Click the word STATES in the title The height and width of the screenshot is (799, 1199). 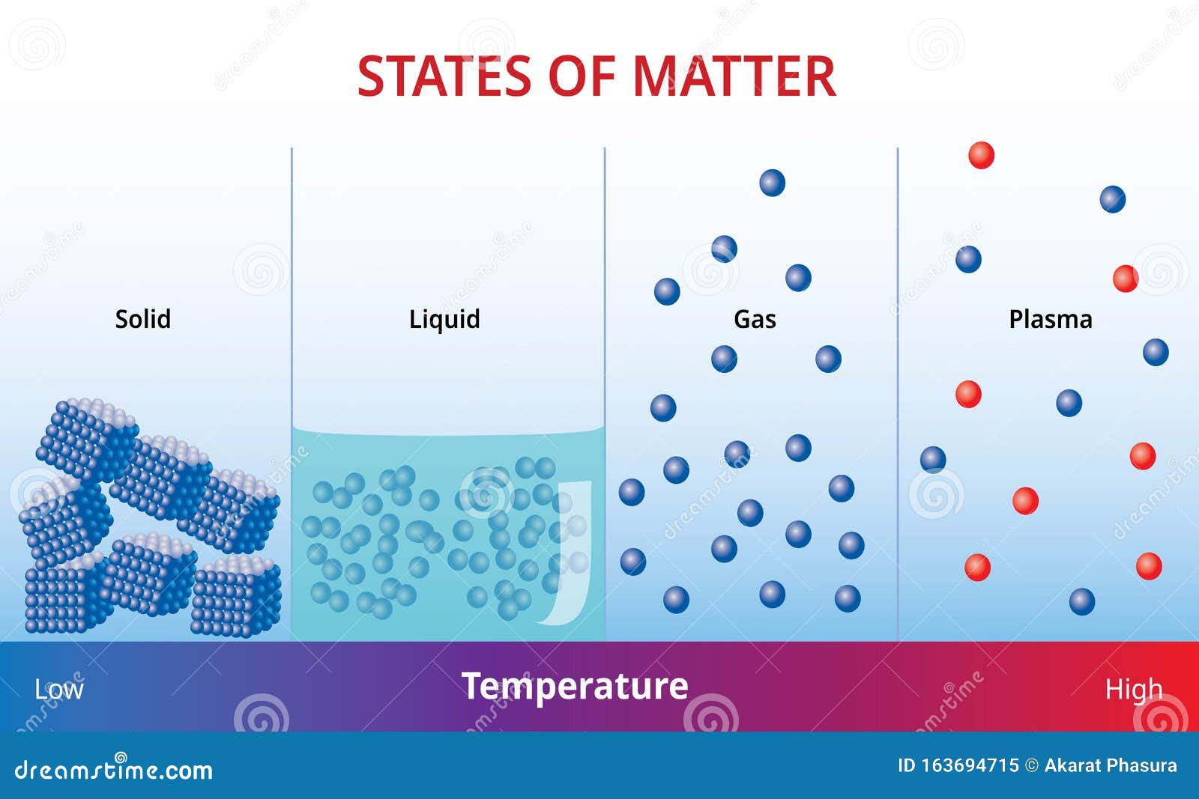tap(448, 76)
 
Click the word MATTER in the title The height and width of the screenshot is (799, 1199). tap(734, 76)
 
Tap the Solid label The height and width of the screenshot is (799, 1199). tap(142, 319)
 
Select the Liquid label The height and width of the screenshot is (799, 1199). tap(444, 319)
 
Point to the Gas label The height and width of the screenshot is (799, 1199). tap(755, 319)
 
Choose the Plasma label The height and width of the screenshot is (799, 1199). tap(1050, 319)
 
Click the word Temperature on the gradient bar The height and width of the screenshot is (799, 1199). tap(575, 686)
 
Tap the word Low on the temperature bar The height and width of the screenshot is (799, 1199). tap(59, 689)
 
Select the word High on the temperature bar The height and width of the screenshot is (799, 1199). tap(1134, 689)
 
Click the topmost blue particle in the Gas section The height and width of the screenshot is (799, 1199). tap(772, 183)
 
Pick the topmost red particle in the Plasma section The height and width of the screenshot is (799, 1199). tap(981, 155)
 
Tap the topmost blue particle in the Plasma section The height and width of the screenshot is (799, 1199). tap(1112, 199)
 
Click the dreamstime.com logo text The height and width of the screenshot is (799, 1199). tap(113, 769)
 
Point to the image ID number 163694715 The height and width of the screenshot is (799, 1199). tap(970, 765)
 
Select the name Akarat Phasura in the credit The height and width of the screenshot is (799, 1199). tap(1110, 765)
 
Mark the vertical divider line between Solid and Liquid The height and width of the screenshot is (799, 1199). tap(292, 300)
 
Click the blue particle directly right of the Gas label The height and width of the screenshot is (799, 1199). tap(828, 359)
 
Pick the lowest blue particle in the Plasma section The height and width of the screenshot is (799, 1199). tap(1081, 601)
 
